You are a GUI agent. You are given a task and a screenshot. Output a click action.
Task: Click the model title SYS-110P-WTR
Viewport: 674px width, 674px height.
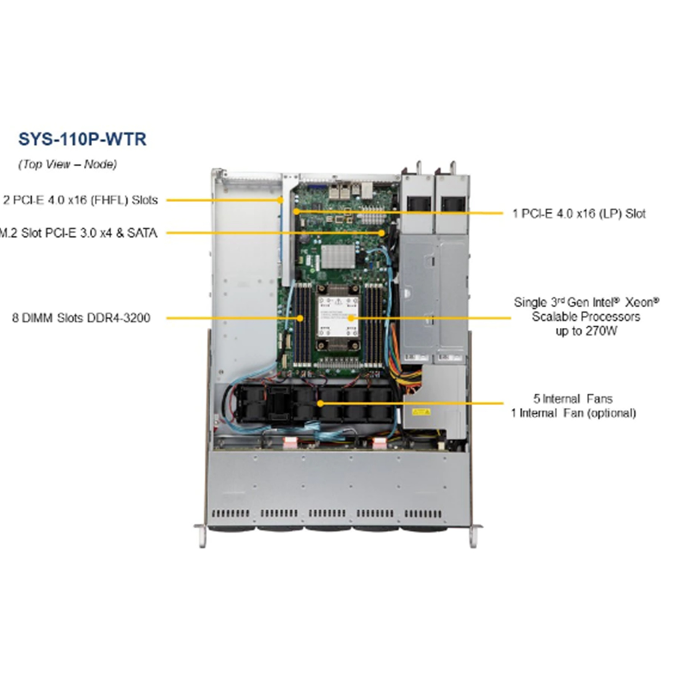[82, 139]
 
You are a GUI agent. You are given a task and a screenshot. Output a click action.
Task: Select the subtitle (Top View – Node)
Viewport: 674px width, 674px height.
[67, 164]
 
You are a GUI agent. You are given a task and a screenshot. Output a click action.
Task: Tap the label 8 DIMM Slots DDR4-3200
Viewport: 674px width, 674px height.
[81, 318]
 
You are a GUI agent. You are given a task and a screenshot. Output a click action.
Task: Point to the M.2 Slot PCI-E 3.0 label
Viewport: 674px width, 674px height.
[78, 233]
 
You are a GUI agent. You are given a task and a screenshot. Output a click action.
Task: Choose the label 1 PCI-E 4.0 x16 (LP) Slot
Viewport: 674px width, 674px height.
[579, 214]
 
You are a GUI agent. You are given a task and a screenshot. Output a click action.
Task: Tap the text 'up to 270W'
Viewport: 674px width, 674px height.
[586, 331]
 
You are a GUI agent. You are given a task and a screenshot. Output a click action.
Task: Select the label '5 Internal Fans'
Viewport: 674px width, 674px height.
[573, 399]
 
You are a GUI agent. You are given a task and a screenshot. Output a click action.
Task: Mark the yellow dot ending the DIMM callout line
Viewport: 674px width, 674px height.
[300, 318]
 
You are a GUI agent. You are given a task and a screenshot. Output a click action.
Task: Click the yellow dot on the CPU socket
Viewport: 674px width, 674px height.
[351, 318]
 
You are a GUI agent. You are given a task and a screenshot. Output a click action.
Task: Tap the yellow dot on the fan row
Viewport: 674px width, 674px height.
[320, 403]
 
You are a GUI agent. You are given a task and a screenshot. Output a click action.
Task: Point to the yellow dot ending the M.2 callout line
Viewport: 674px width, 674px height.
[382, 233]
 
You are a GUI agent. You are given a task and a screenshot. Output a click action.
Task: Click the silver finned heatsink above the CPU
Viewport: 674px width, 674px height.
[338, 256]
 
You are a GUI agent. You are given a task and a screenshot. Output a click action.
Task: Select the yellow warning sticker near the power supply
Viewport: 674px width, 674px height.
[421, 412]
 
